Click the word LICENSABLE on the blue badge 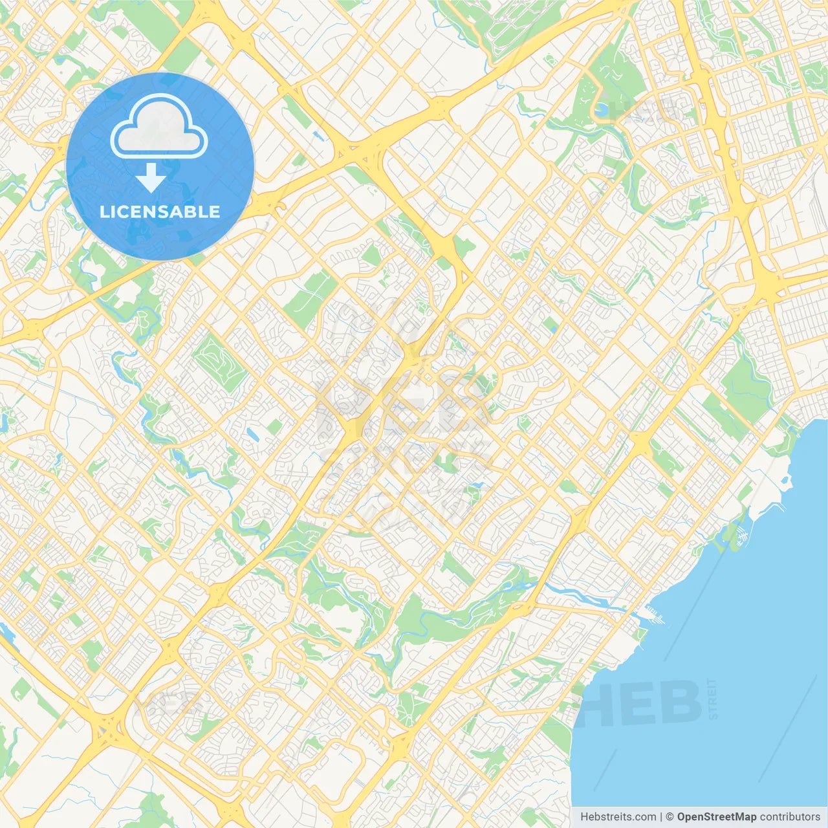[160, 212]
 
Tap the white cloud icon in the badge [159, 126]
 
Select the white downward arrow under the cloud [151, 178]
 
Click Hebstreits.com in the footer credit [618, 817]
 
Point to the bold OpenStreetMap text [717, 817]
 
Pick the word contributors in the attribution [790, 817]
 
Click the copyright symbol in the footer [670, 817]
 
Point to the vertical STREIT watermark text [713, 699]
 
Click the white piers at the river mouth [653, 615]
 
